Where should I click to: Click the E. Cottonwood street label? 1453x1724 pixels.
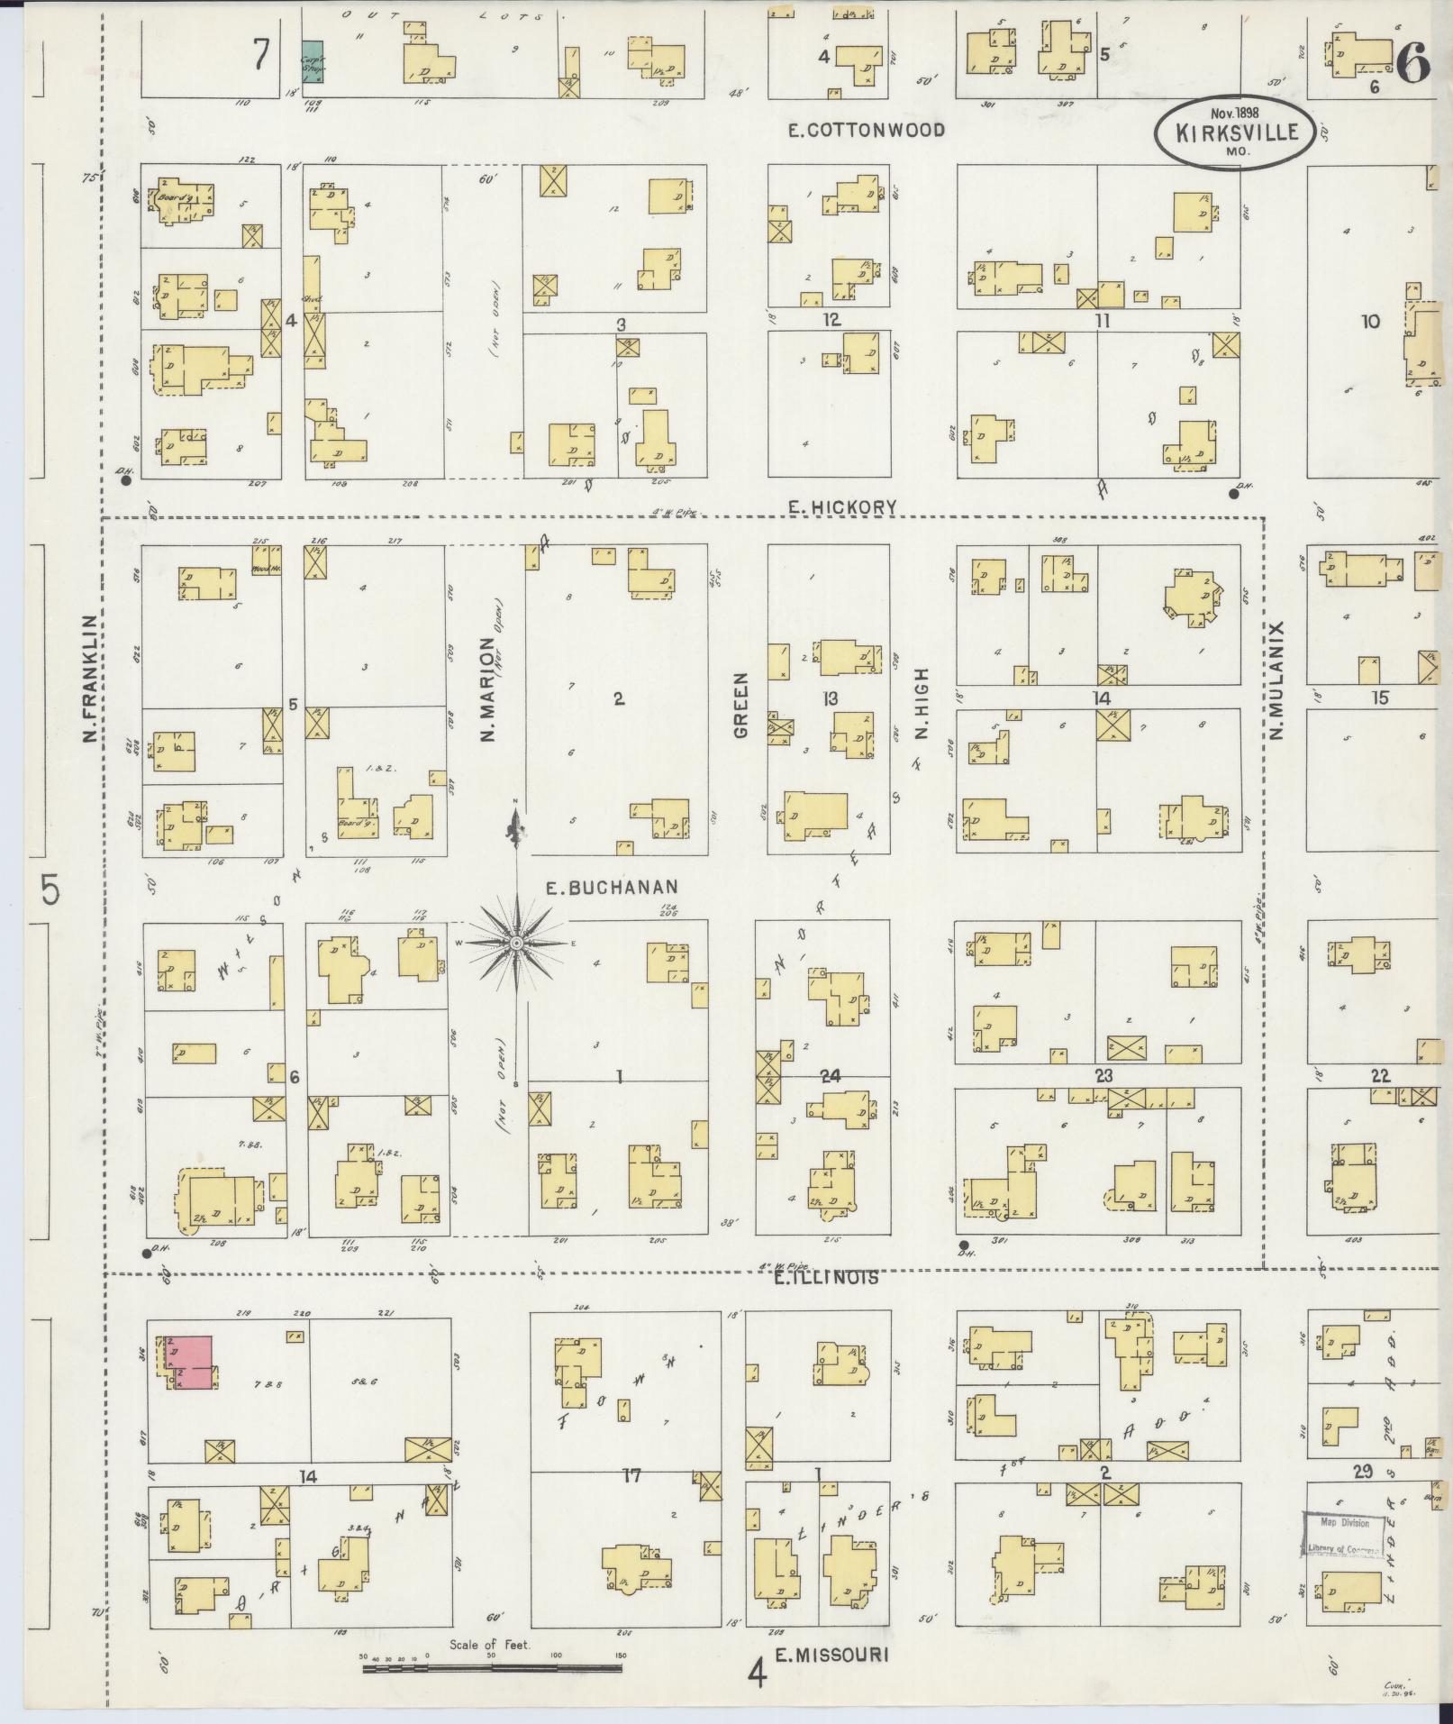[x=866, y=131]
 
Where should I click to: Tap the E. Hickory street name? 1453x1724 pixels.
[x=842, y=508]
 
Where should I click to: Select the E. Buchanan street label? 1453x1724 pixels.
[x=611, y=888]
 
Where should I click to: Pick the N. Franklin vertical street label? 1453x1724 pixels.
[x=89, y=680]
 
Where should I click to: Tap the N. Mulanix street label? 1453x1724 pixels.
[x=1276, y=680]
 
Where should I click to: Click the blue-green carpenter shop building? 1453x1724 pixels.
[x=312, y=62]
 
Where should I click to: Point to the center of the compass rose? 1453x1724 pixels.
[x=516, y=944]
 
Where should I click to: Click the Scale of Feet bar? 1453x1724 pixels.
[x=492, y=1669]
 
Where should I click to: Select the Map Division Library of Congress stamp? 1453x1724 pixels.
[x=1343, y=1535]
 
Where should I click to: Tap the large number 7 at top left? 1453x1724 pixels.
[x=260, y=56]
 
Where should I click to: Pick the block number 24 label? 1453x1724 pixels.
[x=830, y=1075]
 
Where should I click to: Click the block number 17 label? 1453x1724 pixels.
[x=631, y=1476]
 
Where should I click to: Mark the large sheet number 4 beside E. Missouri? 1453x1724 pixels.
[x=758, y=1675]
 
